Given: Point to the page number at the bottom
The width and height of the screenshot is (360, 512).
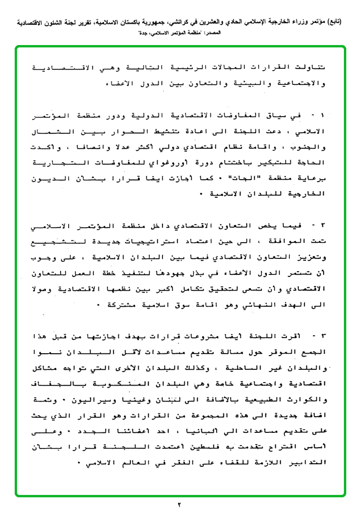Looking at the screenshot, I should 180,504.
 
